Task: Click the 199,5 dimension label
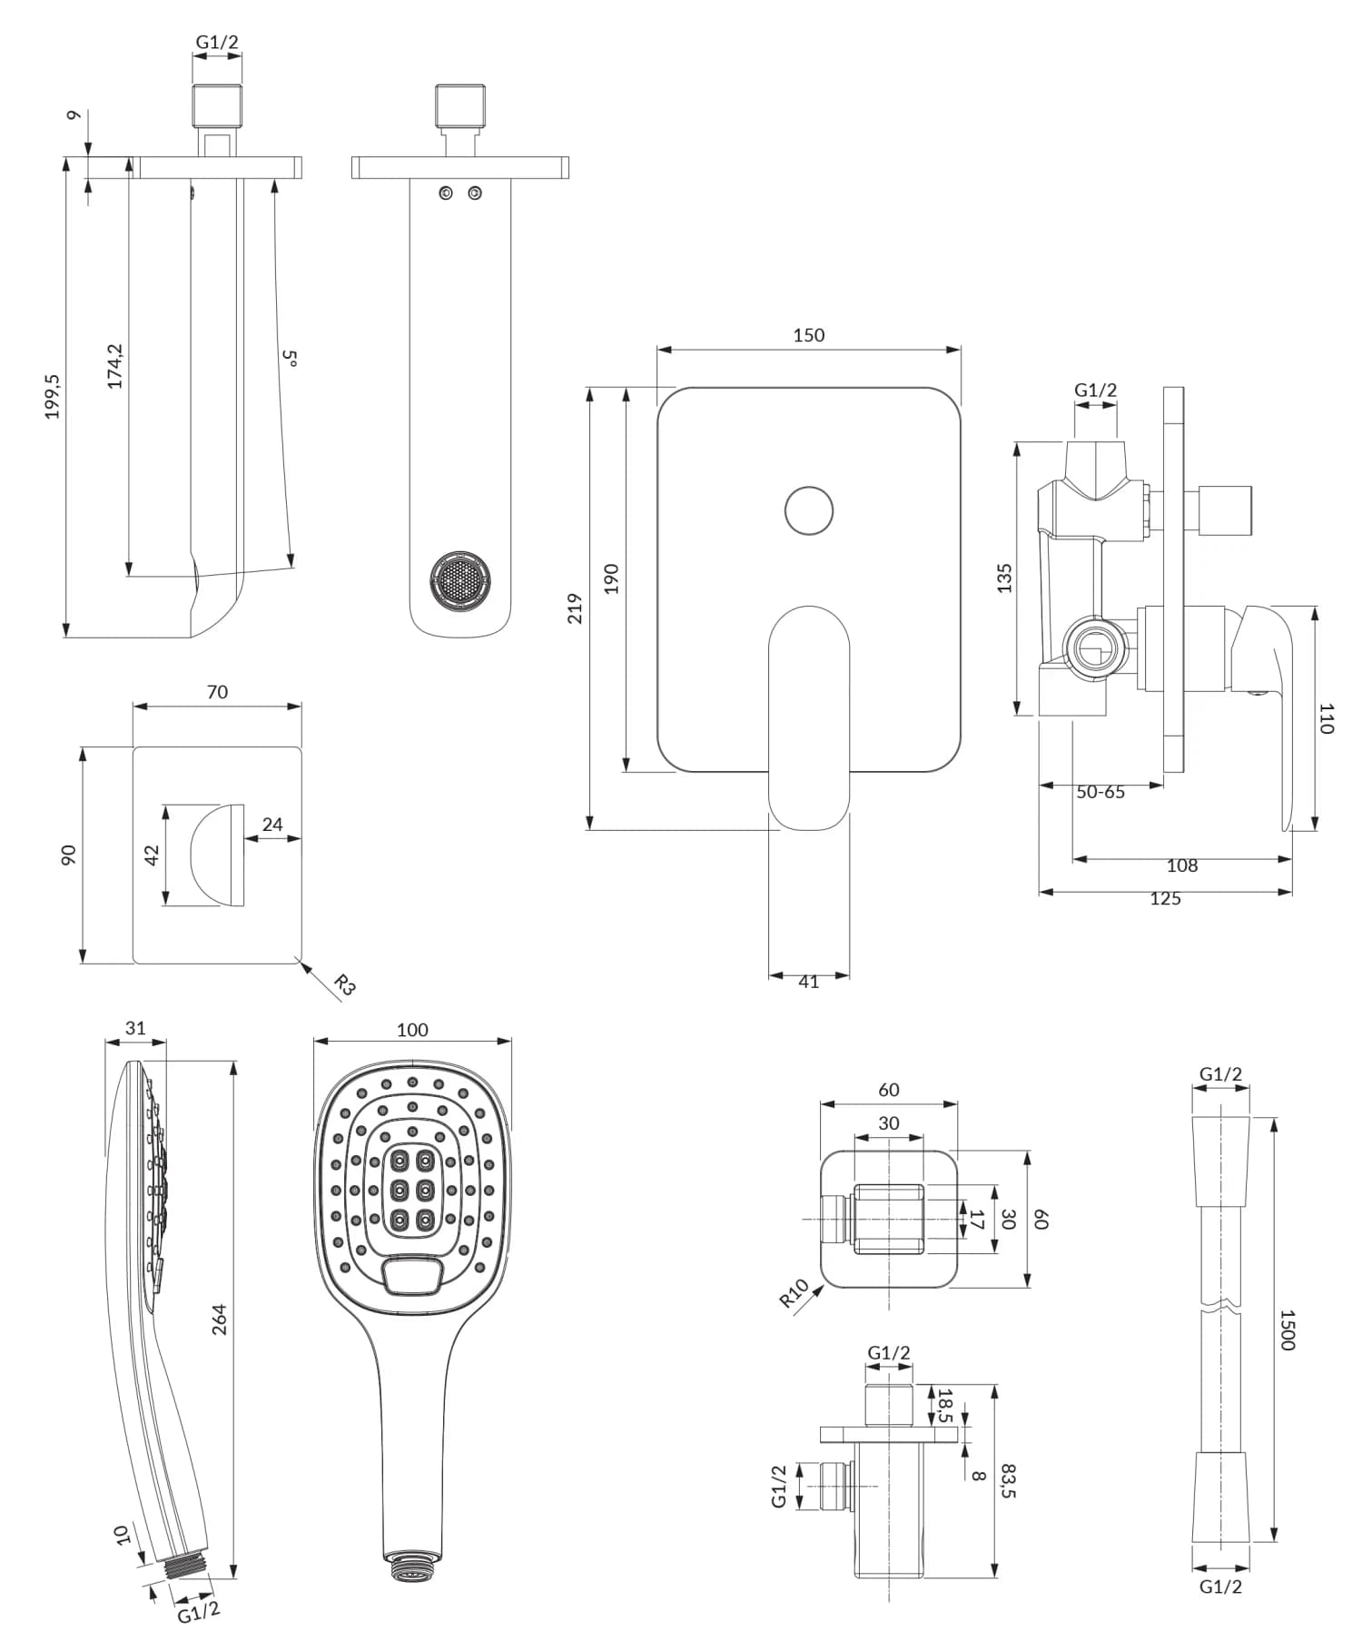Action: [53, 396]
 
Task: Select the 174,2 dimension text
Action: [115, 366]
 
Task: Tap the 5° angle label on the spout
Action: [290, 358]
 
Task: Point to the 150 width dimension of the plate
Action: [808, 335]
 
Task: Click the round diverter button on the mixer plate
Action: [808, 510]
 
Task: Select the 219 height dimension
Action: [575, 608]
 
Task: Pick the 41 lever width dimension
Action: [808, 982]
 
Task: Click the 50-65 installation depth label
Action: [1100, 792]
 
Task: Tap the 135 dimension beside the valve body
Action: [1004, 578]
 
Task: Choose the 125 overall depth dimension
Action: [1165, 899]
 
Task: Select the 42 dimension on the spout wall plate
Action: [152, 855]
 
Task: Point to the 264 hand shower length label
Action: [220, 1319]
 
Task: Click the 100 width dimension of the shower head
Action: [412, 1030]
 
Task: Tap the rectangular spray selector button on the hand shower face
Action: [413, 1276]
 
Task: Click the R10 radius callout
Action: [794, 1293]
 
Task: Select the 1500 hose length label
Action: [1287, 1330]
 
